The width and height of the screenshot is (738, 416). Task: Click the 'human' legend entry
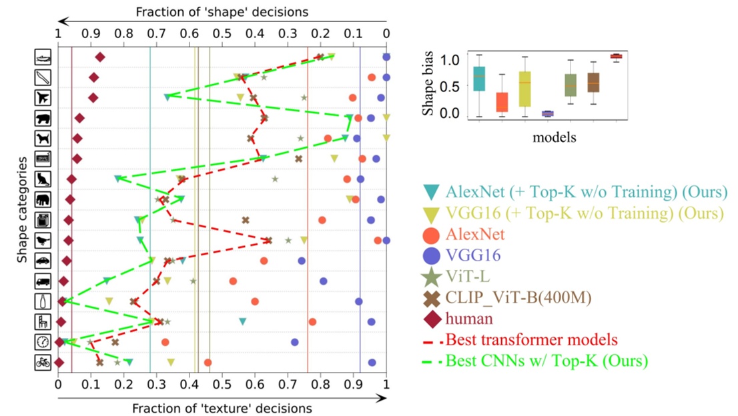pos(469,319)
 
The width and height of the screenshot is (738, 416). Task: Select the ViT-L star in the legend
pos(432,277)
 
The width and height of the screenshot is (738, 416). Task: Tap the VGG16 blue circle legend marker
pos(432,256)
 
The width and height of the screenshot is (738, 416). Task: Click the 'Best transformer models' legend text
pos(531,339)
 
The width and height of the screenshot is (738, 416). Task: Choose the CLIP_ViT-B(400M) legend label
pos(518,297)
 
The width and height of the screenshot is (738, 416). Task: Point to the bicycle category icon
pos(43,363)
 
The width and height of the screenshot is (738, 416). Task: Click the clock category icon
pos(43,342)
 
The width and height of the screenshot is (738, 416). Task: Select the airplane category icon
pos(43,98)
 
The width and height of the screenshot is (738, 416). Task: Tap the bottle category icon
pos(43,301)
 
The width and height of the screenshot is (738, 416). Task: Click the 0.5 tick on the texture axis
pos(222,384)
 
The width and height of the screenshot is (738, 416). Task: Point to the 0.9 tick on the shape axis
pos(91,34)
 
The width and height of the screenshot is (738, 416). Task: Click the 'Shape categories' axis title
pos(21,209)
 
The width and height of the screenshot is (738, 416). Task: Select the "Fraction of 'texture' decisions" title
pos(222,409)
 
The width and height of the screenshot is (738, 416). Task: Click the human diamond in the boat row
pos(100,57)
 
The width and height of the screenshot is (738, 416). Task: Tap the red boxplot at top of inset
pos(616,57)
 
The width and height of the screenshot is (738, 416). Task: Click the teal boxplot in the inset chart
pos(479,79)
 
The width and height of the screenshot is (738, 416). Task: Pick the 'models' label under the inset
pos(555,137)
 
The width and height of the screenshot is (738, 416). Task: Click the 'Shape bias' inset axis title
pos(427,84)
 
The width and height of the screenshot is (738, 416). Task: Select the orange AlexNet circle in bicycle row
pos(208,363)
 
